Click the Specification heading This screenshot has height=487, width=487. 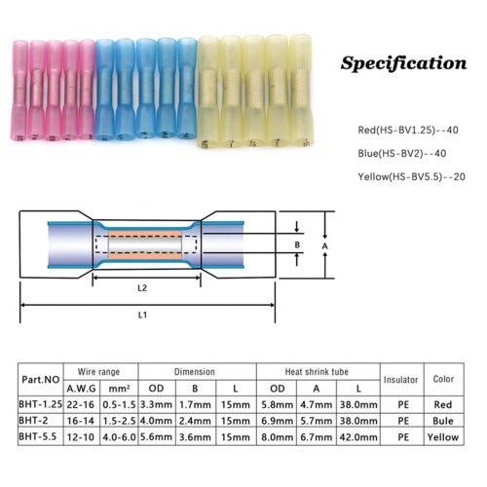pyautogui.click(x=403, y=63)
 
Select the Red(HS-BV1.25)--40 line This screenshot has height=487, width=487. pyautogui.click(x=408, y=131)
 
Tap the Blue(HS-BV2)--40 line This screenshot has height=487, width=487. pyautogui.click(x=402, y=153)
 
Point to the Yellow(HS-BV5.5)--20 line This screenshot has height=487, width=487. pyautogui.click(x=411, y=176)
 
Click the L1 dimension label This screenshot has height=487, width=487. pyautogui.click(x=142, y=315)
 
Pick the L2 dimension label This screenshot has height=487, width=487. pyautogui.click(x=142, y=288)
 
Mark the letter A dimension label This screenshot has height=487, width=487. pyautogui.click(x=325, y=246)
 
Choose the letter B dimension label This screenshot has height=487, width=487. pyautogui.click(x=297, y=244)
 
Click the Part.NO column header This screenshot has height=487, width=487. pyautogui.click(x=41, y=380)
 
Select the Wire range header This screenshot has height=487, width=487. pyautogui.click(x=98, y=372)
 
